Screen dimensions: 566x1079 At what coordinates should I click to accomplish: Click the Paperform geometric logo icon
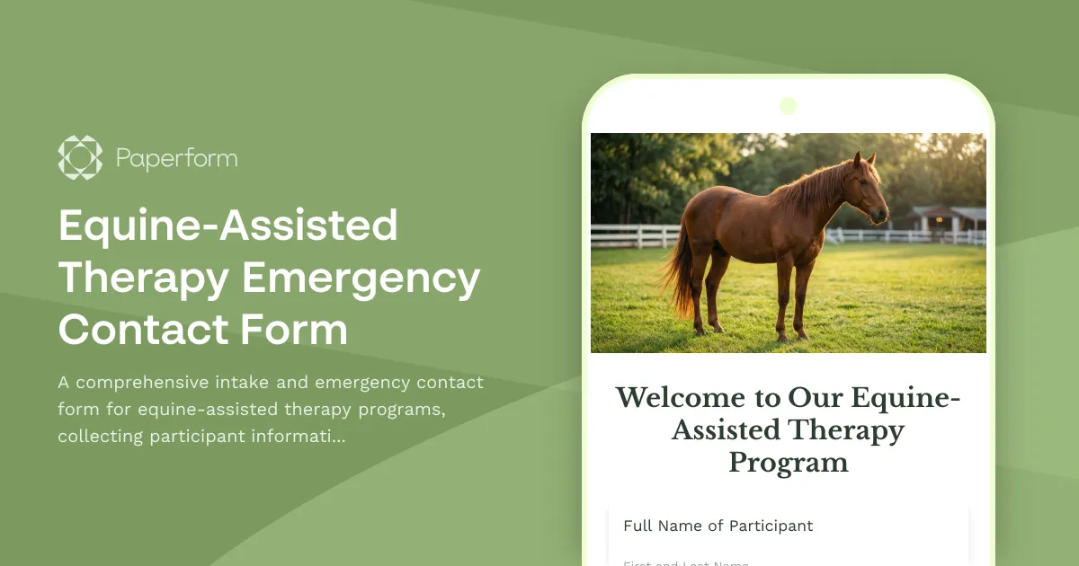click(80, 158)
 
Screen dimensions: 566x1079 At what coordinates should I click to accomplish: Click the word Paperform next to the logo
click(176, 159)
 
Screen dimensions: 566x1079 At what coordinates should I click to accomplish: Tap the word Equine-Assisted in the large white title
click(227, 226)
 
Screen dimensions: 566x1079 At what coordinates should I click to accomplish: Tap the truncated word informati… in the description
click(301, 437)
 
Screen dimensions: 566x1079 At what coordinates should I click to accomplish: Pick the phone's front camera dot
click(789, 106)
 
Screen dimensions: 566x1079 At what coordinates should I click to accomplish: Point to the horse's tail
click(680, 274)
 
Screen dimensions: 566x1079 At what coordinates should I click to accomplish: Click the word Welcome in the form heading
click(680, 398)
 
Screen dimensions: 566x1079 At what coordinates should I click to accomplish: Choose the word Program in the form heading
click(788, 463)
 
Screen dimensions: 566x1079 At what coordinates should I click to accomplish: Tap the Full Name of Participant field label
click(718, 526)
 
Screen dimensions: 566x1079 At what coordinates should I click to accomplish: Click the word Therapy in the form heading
click(845, 430)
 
